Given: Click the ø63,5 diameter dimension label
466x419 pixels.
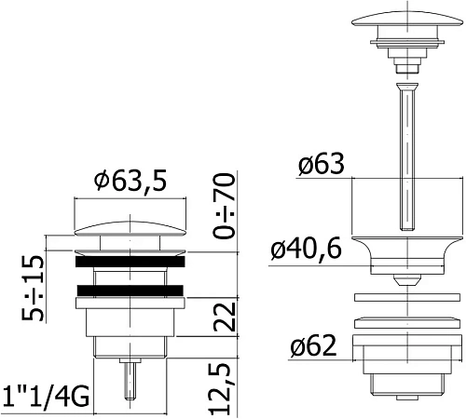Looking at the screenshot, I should [130, 183].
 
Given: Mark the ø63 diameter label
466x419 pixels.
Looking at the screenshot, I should [321, 165].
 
